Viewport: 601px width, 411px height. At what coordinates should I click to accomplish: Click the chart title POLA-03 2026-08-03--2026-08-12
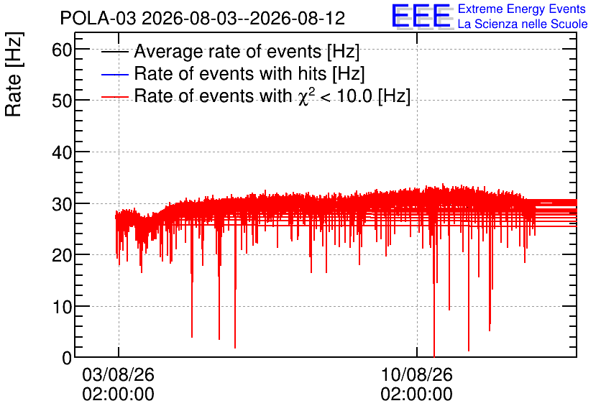203,18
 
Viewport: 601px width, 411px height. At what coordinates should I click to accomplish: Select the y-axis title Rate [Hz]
14,74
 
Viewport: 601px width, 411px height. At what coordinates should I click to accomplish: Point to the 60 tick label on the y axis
62,50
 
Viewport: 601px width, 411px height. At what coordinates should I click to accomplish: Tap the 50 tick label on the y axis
62,101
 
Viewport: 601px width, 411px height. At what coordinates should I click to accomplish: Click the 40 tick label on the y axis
62,152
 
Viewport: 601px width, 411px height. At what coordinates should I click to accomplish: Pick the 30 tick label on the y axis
62,204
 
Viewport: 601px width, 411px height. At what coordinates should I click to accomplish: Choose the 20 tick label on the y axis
62,255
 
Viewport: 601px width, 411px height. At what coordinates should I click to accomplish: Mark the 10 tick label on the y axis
62,306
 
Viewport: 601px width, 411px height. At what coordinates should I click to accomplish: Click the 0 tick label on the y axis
67,358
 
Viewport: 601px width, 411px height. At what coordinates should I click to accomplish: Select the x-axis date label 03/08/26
118,374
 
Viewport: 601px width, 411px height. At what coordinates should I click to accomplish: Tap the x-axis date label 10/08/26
417,374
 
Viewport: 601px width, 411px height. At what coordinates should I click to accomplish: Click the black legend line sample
114,52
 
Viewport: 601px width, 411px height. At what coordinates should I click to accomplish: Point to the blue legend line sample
114,74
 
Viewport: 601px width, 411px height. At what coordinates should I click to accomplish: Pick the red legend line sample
114,97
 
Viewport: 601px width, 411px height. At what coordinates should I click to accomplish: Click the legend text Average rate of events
228,51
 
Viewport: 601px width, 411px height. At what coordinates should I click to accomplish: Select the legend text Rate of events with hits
230,73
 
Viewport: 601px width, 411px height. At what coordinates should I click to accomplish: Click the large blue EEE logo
421,16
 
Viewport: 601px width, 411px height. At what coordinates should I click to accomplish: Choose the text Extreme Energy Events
522,9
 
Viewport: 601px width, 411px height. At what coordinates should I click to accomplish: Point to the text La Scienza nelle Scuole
523,24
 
